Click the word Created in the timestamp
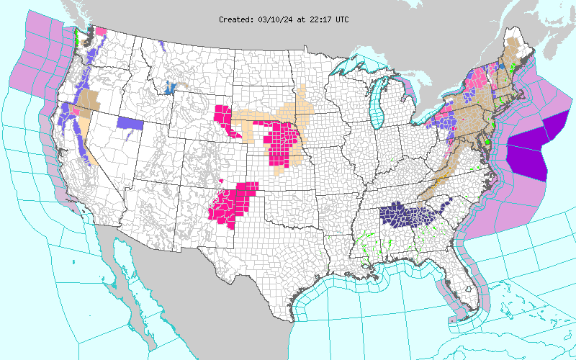point(235,19)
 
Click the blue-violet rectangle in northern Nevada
point(130,122)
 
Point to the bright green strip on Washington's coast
point(76,36)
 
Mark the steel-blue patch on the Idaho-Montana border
point(171,87)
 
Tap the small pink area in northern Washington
point(100,31)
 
